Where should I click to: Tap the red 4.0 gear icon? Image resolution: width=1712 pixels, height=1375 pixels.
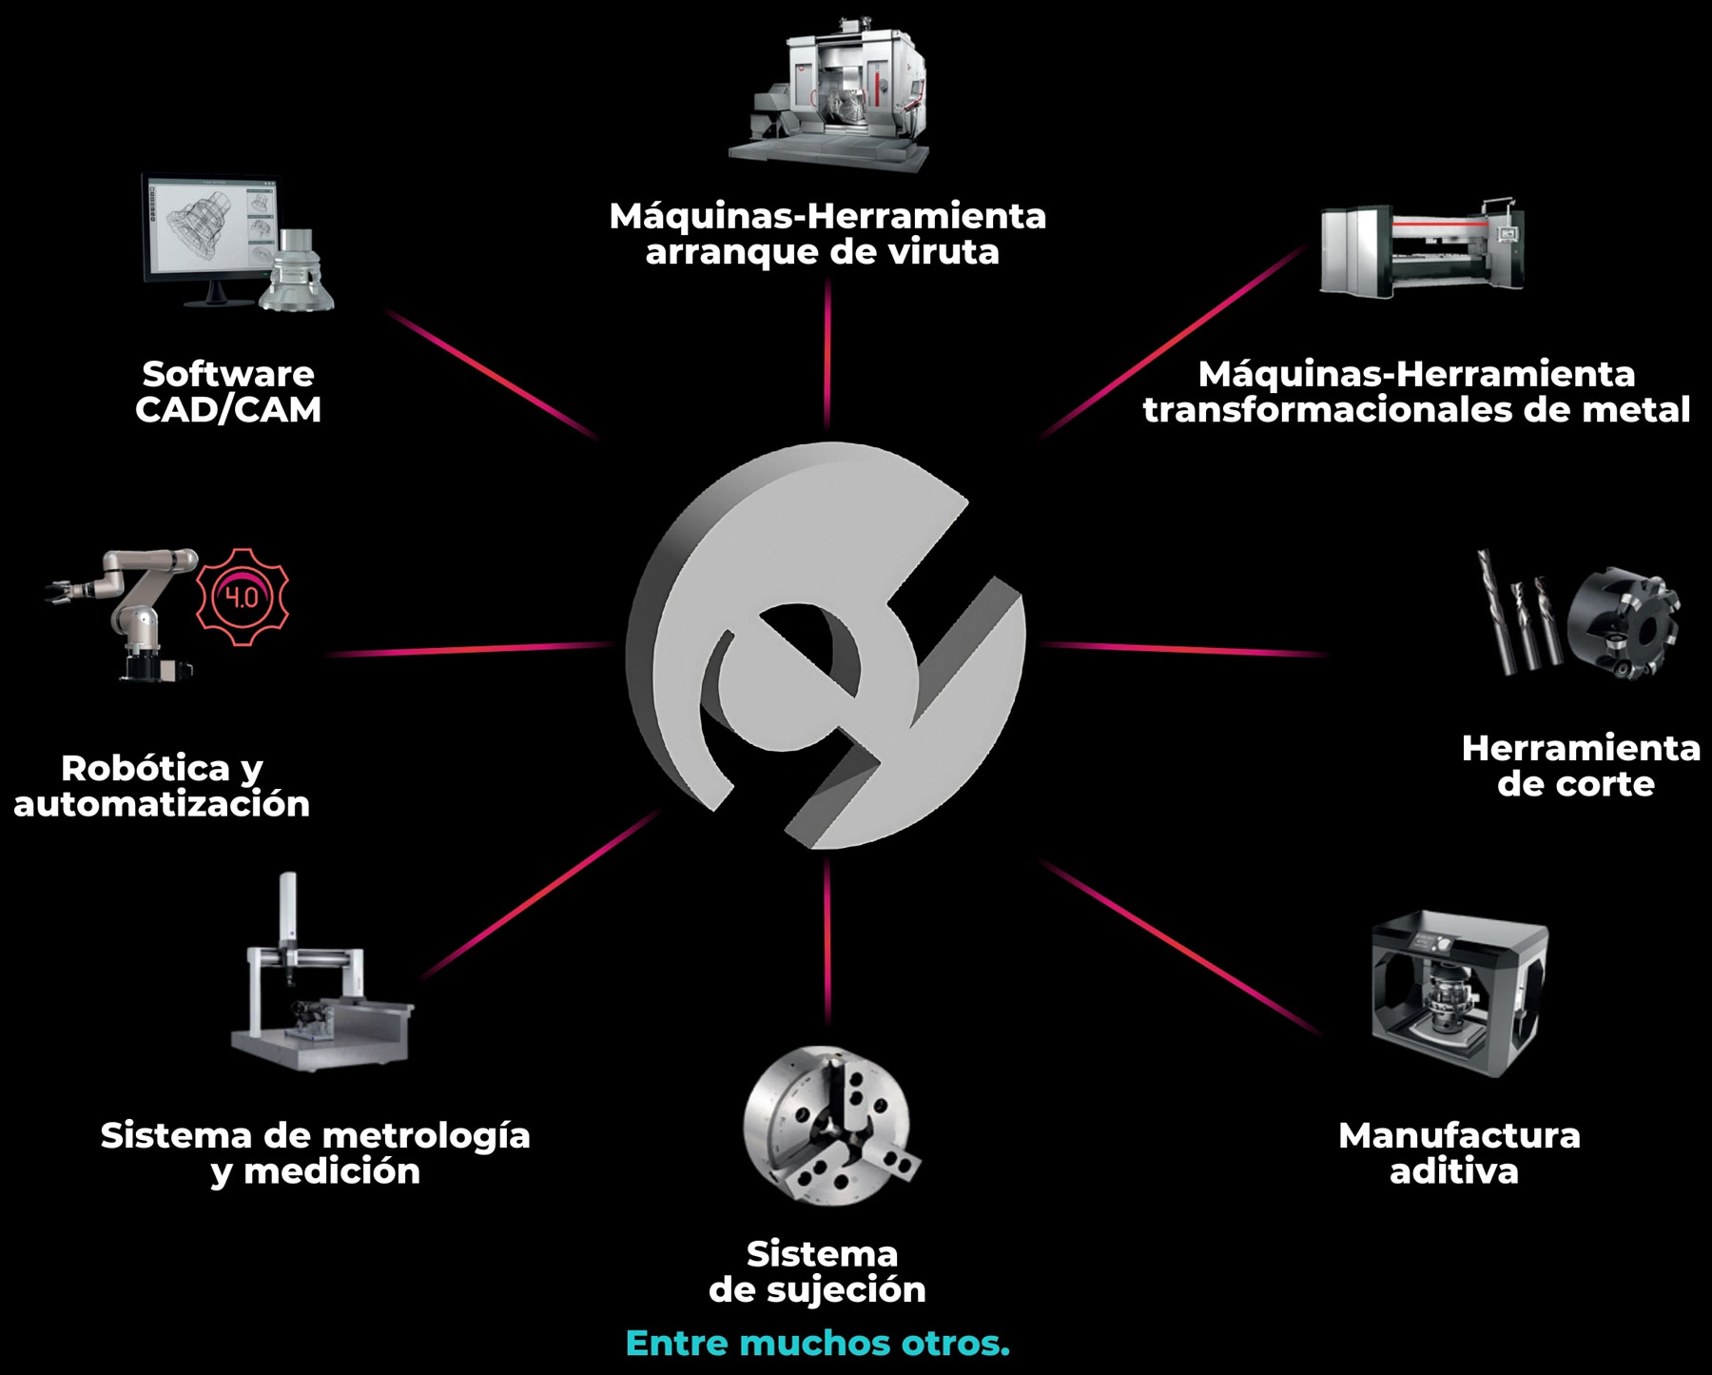point(242,598)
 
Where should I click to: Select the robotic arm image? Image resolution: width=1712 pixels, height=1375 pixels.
point(119,614)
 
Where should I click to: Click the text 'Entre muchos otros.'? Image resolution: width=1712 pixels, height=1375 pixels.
point(818,1344)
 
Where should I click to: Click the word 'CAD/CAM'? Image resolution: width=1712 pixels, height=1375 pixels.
point(228,410)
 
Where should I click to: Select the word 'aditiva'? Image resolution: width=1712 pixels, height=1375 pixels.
point(1454,1171)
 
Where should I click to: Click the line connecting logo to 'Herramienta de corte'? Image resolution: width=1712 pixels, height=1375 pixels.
point(1183,650)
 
